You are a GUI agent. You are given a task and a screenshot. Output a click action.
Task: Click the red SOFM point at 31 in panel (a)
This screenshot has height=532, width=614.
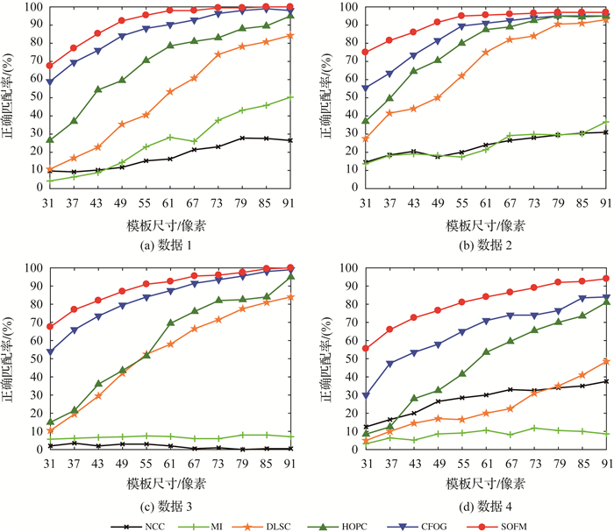[x=50, y=66]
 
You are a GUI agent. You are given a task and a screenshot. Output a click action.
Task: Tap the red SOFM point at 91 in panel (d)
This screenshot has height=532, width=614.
[x=606, y=279]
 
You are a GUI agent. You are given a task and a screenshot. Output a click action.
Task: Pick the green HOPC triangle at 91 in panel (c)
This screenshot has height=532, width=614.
[x=290, y=277]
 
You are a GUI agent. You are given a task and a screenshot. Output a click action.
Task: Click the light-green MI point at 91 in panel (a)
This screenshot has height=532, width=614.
[x=290, y=97]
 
